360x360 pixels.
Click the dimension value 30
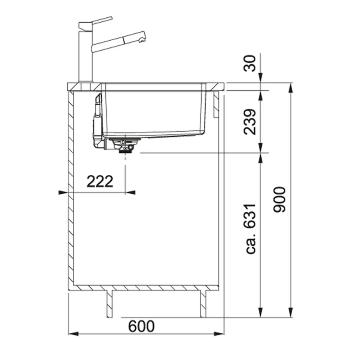click(x=250, y=63)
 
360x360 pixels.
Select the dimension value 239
click(x=250, y=122)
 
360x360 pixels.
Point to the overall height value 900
click(x=280, y=199)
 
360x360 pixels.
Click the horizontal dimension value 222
click(x=100, y=181)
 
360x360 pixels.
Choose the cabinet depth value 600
click(x=141, y=326)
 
